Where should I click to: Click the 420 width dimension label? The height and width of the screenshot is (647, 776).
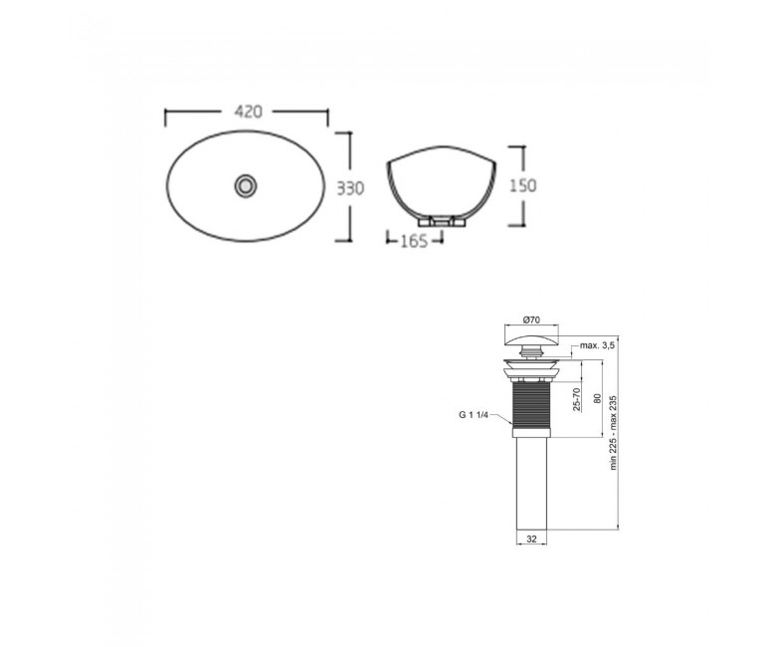(248, 111)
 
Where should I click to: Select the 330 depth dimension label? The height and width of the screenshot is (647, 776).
(350, 188)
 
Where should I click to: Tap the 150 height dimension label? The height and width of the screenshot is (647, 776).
(522, 185)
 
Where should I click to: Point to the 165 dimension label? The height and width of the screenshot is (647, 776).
(414, 241)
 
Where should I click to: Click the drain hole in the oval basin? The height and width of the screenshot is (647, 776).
(246, 185)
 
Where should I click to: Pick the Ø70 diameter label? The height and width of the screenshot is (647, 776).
(531, 321)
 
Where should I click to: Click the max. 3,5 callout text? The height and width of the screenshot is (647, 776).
(597, 345)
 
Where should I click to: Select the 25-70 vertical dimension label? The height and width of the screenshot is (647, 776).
(576, 399)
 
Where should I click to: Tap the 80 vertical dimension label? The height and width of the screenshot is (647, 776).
(597, 398)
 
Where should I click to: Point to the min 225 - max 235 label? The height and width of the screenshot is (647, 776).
(613, 432)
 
